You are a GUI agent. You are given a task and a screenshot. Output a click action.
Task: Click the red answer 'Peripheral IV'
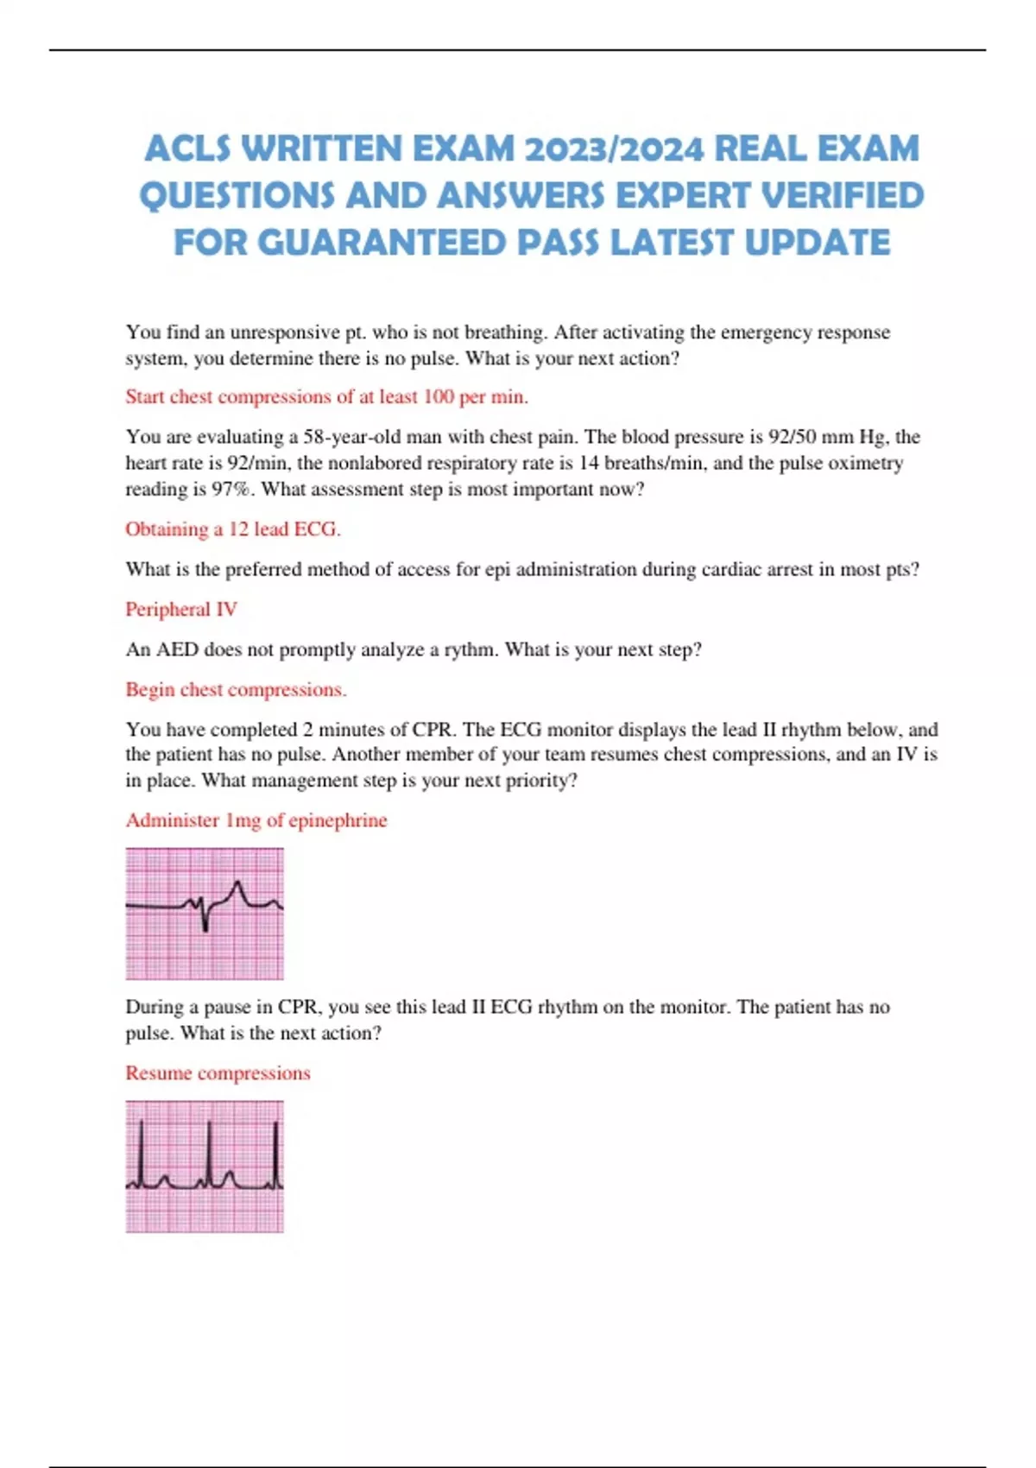(180, 610)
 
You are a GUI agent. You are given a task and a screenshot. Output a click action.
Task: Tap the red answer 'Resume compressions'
(218, 1073)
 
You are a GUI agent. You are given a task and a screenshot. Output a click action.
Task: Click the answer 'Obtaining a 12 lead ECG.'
(232, 529)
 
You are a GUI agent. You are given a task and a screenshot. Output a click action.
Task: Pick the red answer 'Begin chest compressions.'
(236, 690)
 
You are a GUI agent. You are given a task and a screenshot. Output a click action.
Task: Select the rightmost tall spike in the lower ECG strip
(275, 1153)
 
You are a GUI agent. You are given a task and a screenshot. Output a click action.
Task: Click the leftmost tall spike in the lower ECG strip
(140, 1153)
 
